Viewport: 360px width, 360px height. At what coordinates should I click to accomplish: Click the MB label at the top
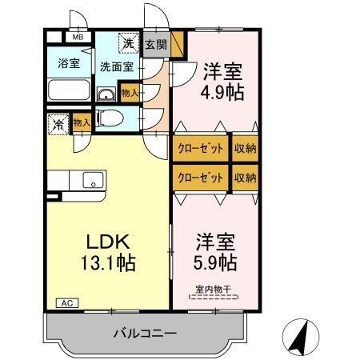point(78,37)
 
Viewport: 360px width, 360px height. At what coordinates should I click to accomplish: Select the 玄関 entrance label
point(156,45)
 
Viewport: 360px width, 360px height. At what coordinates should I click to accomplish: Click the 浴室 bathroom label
point(68,64)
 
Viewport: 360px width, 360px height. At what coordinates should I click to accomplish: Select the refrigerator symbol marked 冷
point(58,125)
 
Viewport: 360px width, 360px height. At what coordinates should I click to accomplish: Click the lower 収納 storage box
point(246,177)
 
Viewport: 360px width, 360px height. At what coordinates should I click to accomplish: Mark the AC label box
point(66,303)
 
